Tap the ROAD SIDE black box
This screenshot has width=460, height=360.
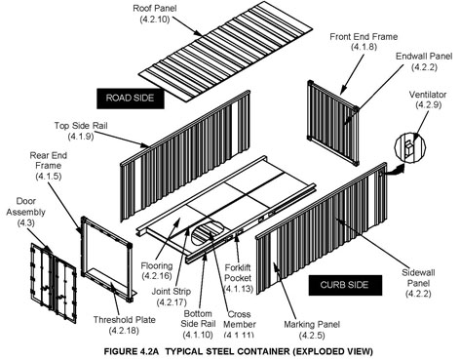pos(134,98)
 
